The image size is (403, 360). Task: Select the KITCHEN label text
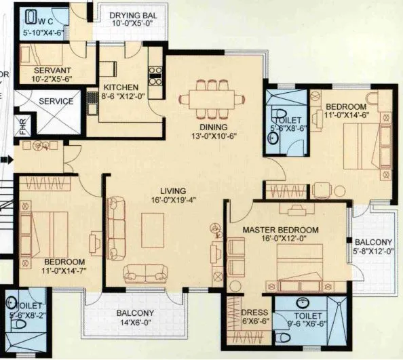(x=121, y=87)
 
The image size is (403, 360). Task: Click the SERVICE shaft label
(x=56, y=101)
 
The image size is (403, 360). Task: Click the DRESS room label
(x=254, y=313)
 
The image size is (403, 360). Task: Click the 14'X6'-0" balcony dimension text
(x=134, y=323)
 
